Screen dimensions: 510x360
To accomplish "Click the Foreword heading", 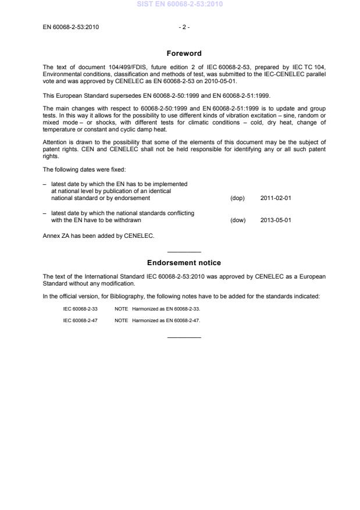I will click(184, 54).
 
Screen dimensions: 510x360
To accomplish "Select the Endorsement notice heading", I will click(184, 263).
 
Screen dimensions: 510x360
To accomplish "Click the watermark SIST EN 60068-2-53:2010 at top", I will click(179, 5).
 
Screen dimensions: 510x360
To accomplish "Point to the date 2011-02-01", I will click(276, 198).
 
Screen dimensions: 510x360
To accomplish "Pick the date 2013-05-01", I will click(276, 220).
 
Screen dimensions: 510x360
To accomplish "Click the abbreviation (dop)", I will click(238, 198).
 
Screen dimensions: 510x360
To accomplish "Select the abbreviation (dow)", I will click(238, 220).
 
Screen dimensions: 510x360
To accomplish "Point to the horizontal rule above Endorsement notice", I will click(184, 252).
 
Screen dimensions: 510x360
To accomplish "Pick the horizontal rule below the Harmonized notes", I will click(184, 338).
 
